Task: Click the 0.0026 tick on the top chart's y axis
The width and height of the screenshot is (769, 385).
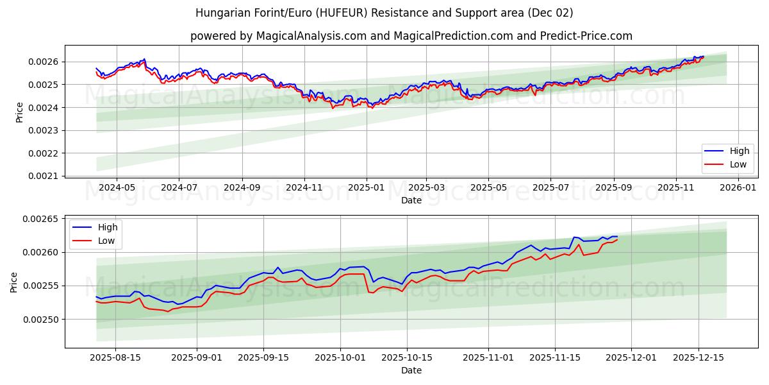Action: (x=44, y=62)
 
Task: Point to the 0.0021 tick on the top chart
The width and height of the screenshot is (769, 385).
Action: (x=44, y=176)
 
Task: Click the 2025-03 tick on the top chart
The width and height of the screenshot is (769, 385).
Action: (x=426, y=187)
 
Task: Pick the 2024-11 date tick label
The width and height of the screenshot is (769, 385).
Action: (x=304, y=187)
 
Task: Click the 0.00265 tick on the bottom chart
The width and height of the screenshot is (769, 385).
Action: (x=40, y=219)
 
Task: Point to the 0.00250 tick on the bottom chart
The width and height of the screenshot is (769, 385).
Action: (x=40, y=320)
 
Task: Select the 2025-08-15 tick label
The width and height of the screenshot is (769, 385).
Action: (x=115, y=357)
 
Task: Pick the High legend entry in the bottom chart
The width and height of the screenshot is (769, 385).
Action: (x=107, y=227)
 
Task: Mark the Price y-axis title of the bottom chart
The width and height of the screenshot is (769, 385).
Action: (x=14, y=282)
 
